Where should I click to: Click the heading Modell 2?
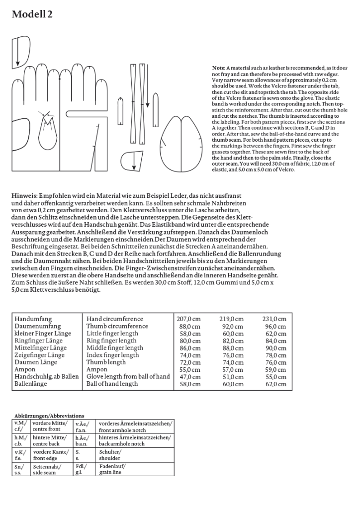click(x=32, y=15)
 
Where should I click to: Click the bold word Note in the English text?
click(x=218, y=68)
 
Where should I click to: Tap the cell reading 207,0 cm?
click(x=188, y=319)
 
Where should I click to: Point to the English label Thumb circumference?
click(x=117, y=326)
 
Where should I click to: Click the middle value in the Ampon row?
click(x=232, y=370)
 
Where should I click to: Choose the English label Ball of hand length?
click(x=112, y=384)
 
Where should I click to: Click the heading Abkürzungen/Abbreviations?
click(x=49, y=416)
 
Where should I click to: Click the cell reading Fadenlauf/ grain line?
click(x=112, y=469)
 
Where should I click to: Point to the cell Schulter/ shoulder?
click(x=110, y=454)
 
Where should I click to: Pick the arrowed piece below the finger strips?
click(x=133, y=162)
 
